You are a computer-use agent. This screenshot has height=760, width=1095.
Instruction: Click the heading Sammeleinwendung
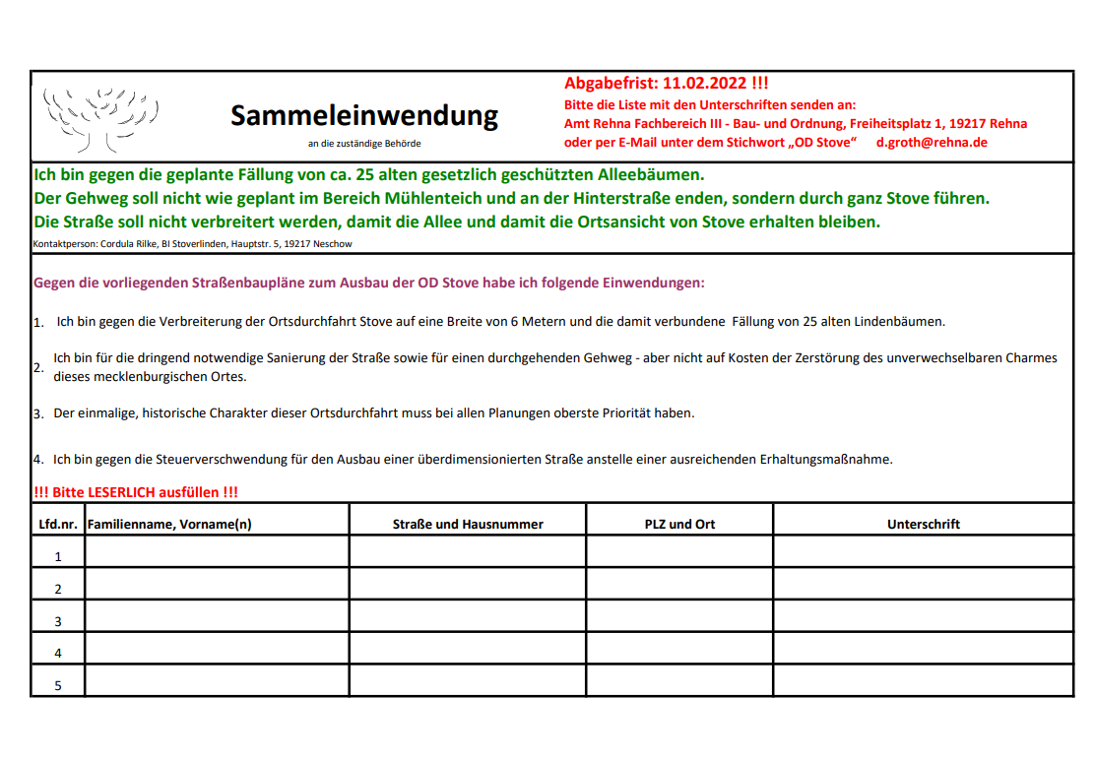[364, 116]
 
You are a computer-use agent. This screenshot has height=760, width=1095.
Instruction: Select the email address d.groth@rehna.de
[932, 143]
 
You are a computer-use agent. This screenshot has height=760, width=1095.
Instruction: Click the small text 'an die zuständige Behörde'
[364, 144]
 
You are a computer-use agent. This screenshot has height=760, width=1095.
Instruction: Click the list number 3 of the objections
[38, 414]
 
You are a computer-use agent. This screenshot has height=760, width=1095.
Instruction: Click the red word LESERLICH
[131, 492]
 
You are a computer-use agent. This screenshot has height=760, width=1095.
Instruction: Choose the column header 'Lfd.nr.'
[58, 525]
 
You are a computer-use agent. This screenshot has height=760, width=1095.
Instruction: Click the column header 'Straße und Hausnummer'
[468, 525]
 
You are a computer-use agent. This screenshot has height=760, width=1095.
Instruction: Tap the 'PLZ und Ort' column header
[679, 525]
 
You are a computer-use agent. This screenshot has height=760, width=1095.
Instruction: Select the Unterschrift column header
[923, 525]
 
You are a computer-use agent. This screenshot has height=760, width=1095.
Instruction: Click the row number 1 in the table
[58, 556]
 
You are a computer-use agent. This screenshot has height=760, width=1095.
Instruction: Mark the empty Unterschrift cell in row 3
[923, 616]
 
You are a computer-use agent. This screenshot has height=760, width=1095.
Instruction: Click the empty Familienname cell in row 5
[217, 680]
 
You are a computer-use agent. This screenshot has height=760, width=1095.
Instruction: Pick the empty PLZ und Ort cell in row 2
[679, 584]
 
